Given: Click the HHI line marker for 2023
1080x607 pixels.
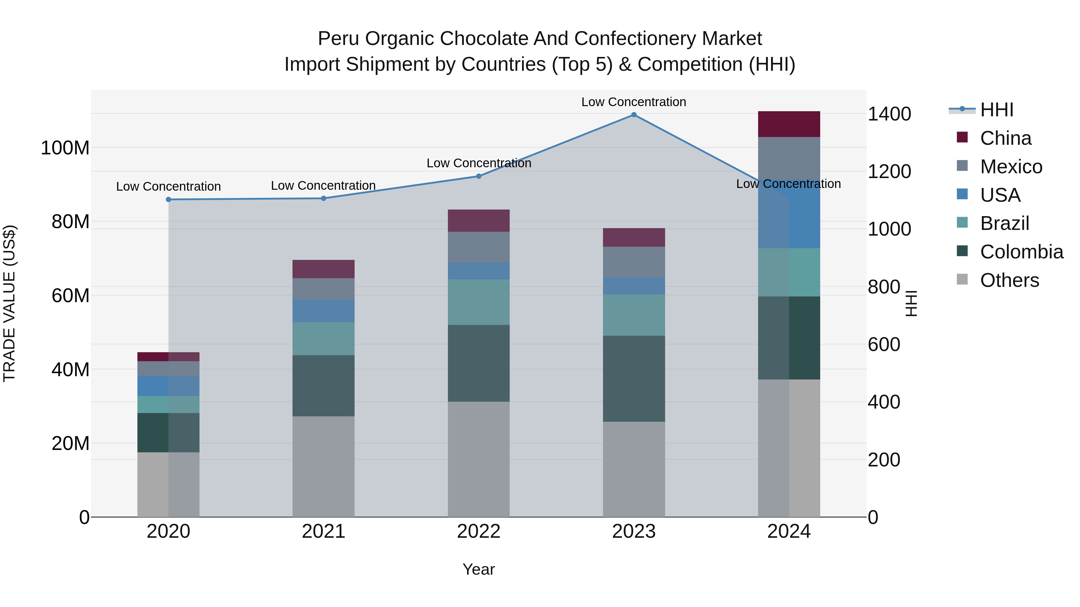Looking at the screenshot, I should (634, 115).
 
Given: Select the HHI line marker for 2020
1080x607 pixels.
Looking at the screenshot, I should (169, 199).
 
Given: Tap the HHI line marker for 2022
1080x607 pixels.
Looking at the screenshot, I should (478, 176).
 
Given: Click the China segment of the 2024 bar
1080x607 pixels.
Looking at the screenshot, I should (789, 124).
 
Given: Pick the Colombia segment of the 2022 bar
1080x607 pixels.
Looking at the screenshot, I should (478, 363).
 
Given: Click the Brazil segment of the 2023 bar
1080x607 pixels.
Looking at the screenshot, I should (634, 315).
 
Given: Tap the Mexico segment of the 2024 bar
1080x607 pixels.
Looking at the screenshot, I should (789, 159).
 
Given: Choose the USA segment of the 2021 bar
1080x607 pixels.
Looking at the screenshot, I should (323, 311).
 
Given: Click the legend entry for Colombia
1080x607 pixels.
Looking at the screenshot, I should (1021, 252).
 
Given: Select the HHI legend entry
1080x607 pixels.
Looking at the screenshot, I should (996, 110).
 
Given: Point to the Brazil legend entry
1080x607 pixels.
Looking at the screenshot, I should (1004, 223).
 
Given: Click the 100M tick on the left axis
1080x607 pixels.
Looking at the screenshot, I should (65, 148).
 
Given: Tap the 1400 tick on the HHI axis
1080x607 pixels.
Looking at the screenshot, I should (889, 114).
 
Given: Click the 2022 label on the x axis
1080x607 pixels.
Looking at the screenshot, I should (478, 531).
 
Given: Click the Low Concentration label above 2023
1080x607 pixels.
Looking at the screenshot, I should (634, 102).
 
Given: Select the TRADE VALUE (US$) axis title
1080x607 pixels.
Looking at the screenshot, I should (9, 303).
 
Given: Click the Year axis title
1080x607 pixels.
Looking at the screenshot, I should (478, 569).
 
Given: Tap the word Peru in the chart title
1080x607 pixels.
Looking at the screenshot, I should (338, 39).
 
